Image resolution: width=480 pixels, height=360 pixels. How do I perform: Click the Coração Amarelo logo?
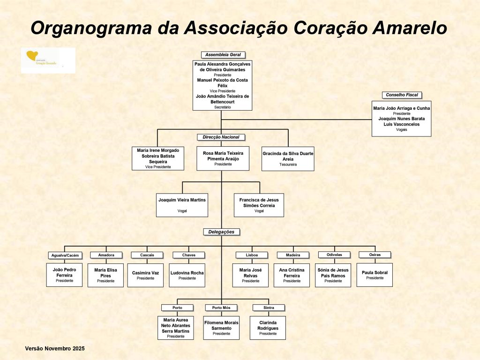48,60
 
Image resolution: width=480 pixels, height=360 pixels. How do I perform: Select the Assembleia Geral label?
223,55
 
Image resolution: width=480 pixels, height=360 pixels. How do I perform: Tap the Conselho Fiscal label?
402,95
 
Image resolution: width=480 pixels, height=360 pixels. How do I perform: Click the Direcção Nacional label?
221,137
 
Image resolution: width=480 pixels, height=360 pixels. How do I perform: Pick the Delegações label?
222,232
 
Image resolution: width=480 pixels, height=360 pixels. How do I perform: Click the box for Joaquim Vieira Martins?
182,205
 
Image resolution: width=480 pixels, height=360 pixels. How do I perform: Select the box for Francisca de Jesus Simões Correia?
259,205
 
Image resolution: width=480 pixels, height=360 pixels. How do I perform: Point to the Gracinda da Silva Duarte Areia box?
288,159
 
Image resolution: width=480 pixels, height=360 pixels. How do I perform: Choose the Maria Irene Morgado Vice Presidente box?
158,158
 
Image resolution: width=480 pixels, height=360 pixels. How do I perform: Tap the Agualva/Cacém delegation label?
65,255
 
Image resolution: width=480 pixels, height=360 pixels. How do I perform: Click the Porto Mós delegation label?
221,308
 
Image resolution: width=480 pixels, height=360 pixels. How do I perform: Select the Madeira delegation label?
292,255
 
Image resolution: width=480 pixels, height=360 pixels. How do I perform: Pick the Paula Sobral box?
375,275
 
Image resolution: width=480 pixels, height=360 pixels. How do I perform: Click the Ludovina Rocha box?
187,275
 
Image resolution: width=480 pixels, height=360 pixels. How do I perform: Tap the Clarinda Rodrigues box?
268,328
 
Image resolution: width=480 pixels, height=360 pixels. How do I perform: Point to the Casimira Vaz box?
145,275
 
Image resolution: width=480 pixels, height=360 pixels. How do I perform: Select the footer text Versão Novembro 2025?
55,349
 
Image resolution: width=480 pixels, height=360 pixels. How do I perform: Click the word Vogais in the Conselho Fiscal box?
401,130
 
